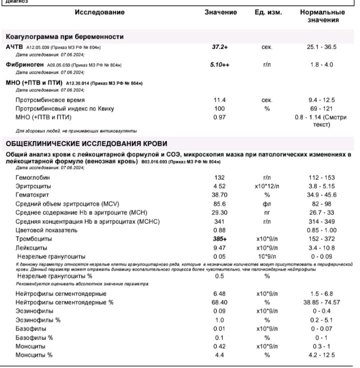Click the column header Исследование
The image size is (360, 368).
click(x=100, y=12)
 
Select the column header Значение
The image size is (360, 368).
click(x=220, y=12)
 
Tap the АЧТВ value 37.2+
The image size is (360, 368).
click(x=220, y=47)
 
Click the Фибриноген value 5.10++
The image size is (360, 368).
click(x=220, y=65)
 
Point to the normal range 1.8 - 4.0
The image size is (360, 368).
click(x=321, y=65)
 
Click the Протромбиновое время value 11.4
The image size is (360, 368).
click(x=220, y=100)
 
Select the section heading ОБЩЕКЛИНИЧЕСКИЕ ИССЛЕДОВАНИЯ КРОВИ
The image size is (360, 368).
click(x=86, y=144)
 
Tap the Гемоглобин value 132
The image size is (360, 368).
click(x=219, y=178)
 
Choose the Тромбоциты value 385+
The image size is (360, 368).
click(x=220, y=239)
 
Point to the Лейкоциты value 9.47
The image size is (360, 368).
click(x=220, y=248)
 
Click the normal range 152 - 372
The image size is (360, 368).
click(x=321, y=239)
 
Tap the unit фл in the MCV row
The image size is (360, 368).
click(x=266, y=204)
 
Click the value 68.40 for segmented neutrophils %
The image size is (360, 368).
click(x=220, y=302)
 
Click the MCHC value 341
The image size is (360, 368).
click(x=219, y=222)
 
